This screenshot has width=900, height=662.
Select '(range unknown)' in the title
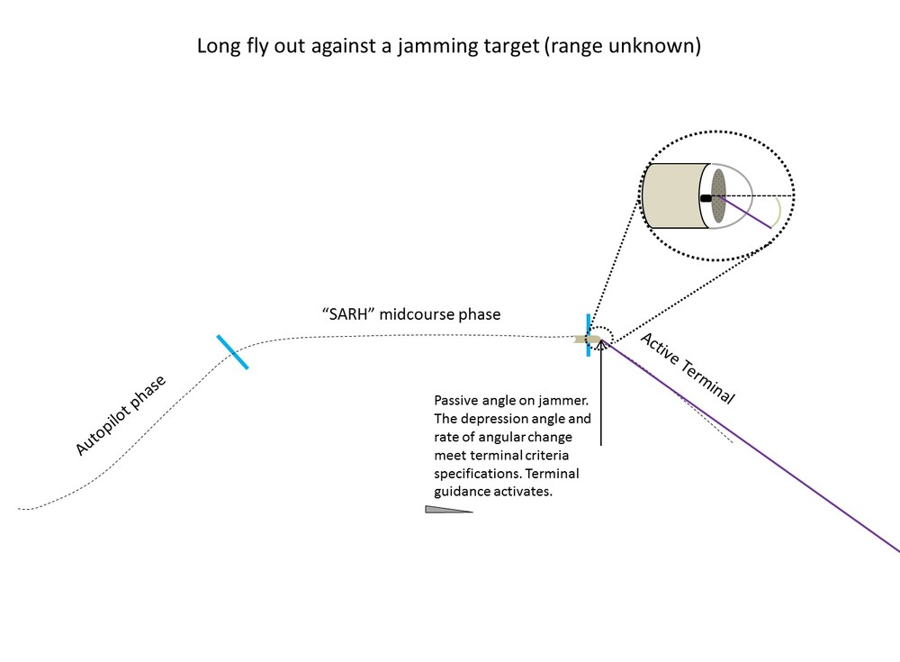click(x=621, y=47)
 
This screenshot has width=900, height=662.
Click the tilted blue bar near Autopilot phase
click(x=232, y=352)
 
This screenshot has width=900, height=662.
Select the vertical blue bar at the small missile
click(x=589, y=335)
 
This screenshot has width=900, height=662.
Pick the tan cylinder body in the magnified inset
click(x=673, y=195)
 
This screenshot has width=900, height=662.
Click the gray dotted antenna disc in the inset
click(x=718, y=195)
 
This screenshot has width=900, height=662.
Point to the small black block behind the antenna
click(x=706, y=195)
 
